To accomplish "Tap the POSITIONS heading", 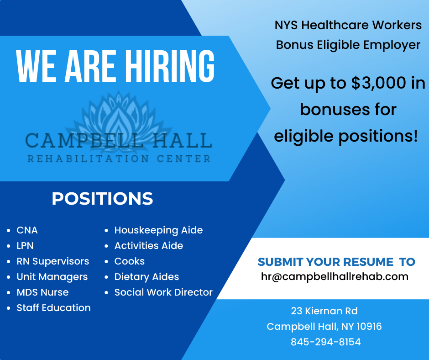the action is click(102, 198).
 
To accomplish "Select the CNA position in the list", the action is click(27, 230).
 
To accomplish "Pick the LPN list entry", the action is click(25, 246).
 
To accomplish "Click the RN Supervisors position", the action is click(53, 261).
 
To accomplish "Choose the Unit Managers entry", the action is click(52, 277).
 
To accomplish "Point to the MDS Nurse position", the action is click(42, 292).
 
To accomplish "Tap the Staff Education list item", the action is click(54, 307).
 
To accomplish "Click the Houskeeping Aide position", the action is click(158, 230).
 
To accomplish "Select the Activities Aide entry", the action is click(149, 246).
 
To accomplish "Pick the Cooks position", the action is click(130, 261).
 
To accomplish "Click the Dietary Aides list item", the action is click(146, 277).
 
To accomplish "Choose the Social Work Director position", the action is click(163, 292).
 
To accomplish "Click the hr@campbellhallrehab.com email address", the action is click(335, 277).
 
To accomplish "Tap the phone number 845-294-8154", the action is click(325, 342).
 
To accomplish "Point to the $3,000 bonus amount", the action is click(379, 83).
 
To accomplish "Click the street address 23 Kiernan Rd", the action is click(324, 311).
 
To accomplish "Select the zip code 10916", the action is click(369, 327).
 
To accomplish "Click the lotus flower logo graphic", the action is click(119, 121).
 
